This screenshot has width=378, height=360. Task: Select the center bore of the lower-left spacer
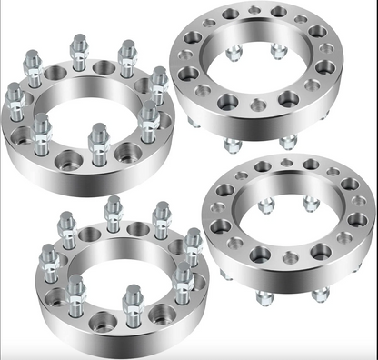point(123,273)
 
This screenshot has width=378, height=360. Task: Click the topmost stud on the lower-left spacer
point(112,208)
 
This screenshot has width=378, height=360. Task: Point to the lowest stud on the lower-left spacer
point(133,299)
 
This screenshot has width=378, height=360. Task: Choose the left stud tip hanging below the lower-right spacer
point(265,296)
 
